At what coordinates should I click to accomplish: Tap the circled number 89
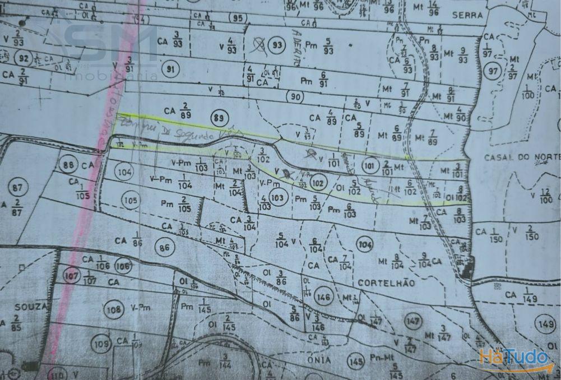point(219,118)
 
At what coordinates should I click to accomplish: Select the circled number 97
point(494,72)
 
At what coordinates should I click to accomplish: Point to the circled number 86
point(164,247)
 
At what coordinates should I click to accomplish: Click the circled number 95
point(238,18)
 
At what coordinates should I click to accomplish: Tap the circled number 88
point(69,165)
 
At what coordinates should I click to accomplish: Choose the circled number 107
point(71,276)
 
